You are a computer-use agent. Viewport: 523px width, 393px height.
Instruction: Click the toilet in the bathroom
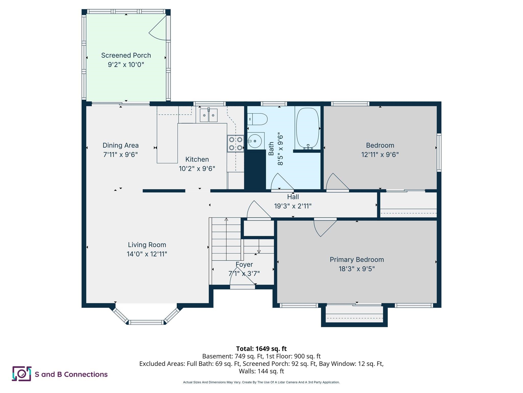(257, 119)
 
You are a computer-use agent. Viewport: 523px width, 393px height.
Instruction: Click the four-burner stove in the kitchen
(235, 144)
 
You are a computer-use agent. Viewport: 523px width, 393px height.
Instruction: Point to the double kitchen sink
(209, 115)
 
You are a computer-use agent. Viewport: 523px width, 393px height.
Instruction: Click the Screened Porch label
(126, 55)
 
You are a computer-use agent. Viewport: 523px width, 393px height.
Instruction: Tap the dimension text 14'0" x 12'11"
(147, 254)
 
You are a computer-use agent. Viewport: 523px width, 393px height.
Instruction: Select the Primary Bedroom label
(357, 259)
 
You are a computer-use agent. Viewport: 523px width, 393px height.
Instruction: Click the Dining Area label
(121, 145)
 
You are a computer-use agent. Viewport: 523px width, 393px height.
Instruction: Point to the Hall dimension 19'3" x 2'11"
(293, 206)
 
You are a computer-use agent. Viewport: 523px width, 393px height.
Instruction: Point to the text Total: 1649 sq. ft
(261, 349)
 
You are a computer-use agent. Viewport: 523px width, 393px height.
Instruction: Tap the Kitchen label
(197, 159)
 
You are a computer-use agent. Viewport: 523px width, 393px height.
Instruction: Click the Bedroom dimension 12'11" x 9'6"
(380, 155)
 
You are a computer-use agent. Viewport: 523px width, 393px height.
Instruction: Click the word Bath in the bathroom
(271, 149)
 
